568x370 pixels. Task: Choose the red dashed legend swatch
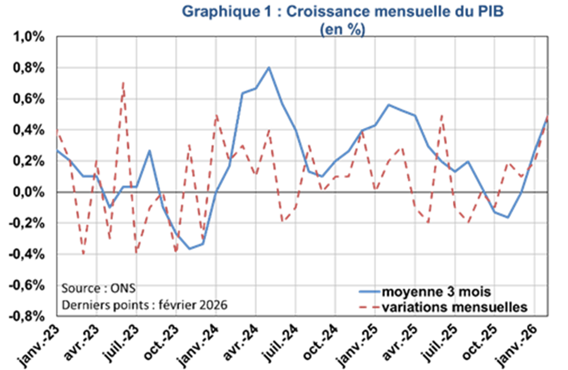point(370,307)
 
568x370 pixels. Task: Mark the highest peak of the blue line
point(268,68)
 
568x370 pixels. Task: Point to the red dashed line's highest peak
point(123,83)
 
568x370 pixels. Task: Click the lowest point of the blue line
point(190,249)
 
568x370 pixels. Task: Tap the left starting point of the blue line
point(57,150)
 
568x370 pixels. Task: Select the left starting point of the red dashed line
point(57,130)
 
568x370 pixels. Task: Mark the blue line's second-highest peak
point(389,104)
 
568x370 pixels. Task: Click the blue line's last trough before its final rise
point(508,218)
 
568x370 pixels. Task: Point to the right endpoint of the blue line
point(546,117)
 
